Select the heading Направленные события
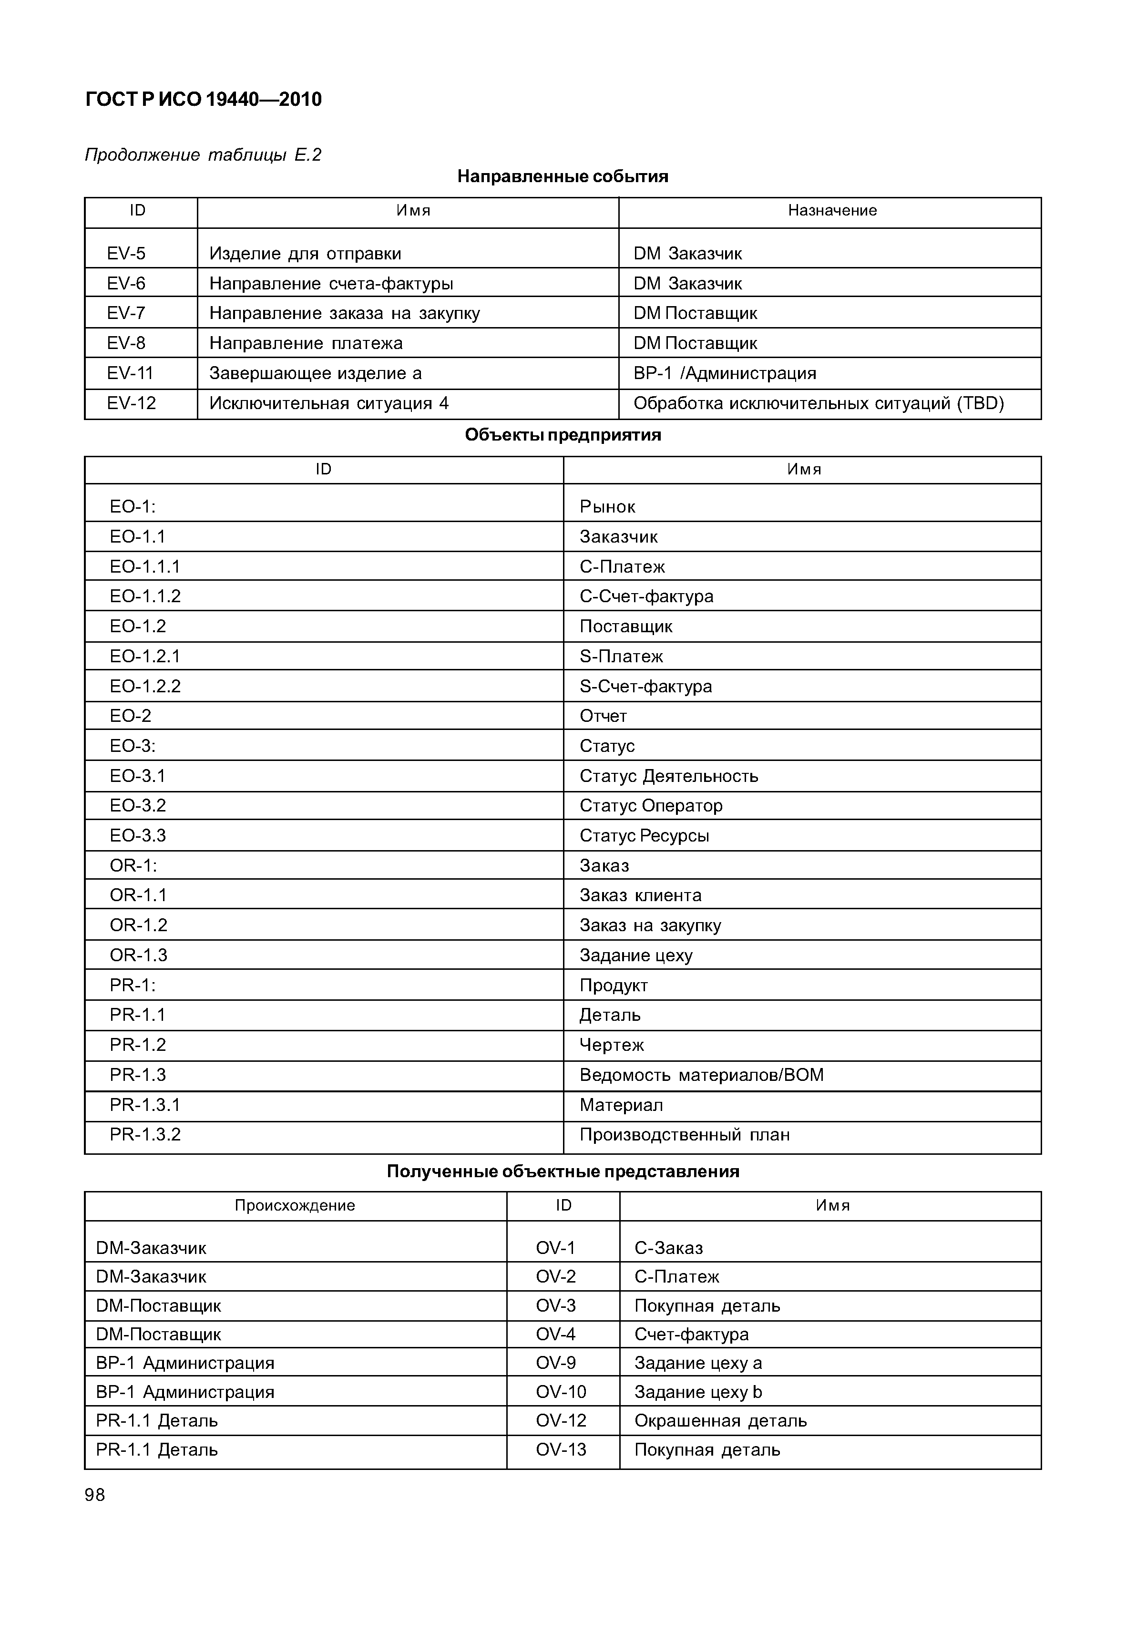[563, 176]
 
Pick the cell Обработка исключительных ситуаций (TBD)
[819, 404]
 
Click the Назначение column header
[832, 210]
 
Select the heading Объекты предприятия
[563, 435]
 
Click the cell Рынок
[607, 507]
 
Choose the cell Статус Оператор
[651, 806]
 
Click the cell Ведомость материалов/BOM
[701, 1075]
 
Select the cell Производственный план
[685, 1135]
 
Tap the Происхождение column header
[295, 1205]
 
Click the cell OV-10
[561, 1392]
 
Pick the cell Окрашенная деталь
[720, 1420]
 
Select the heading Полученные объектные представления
[563, 1172]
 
